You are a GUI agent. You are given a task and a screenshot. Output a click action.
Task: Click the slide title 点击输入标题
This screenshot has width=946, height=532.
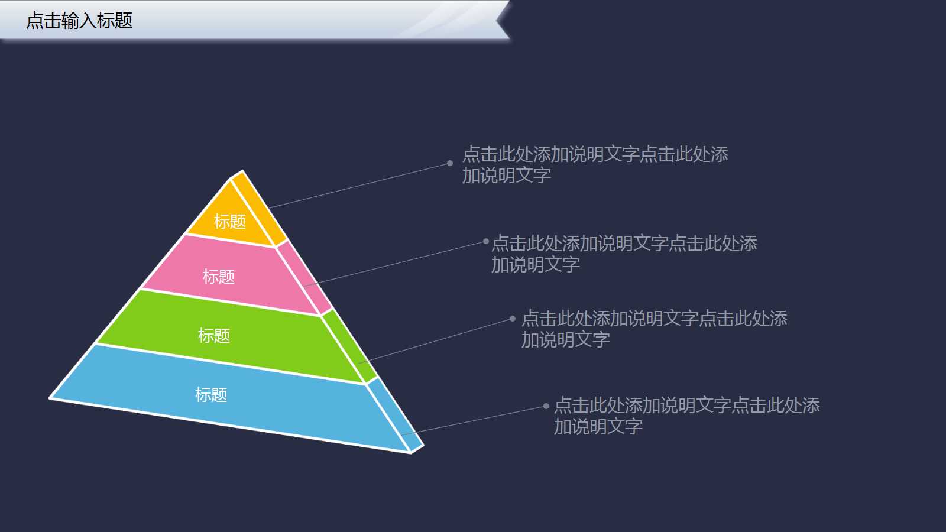click(79, 21)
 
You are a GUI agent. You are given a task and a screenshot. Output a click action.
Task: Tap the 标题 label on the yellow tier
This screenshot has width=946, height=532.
click(229, 222)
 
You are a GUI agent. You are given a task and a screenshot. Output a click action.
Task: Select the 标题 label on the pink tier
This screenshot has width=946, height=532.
click(219, 276)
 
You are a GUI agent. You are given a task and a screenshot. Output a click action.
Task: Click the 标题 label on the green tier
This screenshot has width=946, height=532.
click(213, 336)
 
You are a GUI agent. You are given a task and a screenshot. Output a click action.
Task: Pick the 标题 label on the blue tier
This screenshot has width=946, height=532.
click(211, 394)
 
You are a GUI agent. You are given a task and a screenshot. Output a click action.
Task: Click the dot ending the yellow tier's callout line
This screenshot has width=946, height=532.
click(450, 163)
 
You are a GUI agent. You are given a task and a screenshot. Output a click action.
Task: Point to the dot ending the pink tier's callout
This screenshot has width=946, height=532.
click(486, 241)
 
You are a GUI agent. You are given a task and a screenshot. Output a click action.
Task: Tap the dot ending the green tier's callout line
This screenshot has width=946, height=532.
click(513, 319)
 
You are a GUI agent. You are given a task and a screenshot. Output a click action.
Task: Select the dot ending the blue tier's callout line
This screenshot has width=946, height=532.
click(546, 406)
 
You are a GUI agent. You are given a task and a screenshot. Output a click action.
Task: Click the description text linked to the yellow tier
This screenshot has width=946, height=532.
click(595, 164)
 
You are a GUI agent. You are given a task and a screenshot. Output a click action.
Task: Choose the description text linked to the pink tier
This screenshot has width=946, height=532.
click(624, 254)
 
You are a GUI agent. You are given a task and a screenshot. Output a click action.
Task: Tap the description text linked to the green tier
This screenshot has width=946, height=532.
click(654, 329)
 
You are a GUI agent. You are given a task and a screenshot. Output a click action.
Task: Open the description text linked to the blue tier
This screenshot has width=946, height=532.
click(686, 416)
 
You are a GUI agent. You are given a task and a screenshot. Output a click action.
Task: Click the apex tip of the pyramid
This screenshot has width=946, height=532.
click(241, 172)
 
